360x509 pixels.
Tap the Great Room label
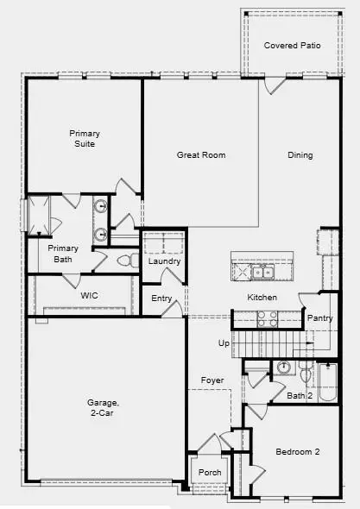tap(200, 155)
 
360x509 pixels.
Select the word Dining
tap(300, 155)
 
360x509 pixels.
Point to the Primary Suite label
tap(85, 138)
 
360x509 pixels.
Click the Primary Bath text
tap(63, 253)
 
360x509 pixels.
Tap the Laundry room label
tap(163, 261)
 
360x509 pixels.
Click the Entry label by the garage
tap(161, 298)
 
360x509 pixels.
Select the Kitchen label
tap(262, 298)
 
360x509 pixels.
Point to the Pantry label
tap(319, 318)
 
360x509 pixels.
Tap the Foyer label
tap(212, 380)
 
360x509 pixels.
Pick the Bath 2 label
tap(299, 396)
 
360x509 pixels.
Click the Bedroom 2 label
tap(298, 451)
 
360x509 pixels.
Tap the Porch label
tap(210, 472)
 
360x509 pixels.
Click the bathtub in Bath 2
tap(328, 383)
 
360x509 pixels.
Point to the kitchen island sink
tap(261, 272)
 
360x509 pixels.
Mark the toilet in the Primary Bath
tap(123, 260)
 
